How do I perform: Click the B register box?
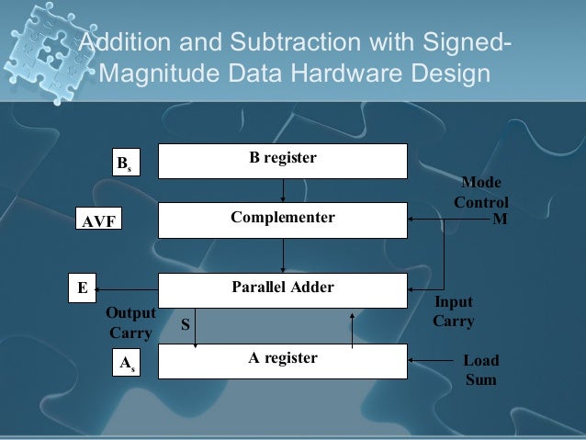pos(283,160)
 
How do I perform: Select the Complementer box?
pos(283,220)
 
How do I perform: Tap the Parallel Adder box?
pos(283,289)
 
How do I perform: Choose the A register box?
pos(283,360)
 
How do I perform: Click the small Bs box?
pos(124,164)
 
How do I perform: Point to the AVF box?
pos(98,221)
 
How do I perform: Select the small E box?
pos(84,288)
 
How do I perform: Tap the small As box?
pos(124,364)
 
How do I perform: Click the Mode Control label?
pos(480,192)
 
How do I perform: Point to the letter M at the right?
pos(500,220)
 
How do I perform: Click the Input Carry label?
pos(453,311)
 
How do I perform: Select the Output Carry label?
pos(130,322)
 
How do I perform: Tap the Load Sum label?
pos(480,369)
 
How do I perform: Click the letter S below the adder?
pos(185,324)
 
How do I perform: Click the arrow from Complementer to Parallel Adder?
pos(283,254)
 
